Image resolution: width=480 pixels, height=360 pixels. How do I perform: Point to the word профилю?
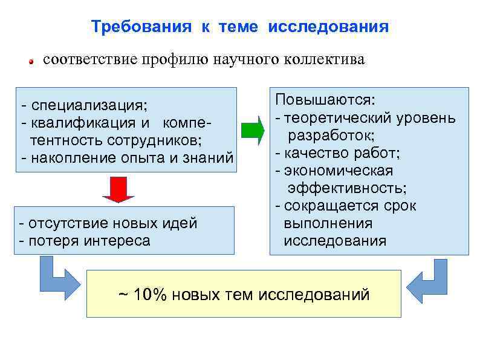point(174,61)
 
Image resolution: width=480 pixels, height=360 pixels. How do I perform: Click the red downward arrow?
point(118,188)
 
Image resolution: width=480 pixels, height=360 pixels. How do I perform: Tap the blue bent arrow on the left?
point(57,278)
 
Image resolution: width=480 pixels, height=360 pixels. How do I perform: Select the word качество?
point(312,153)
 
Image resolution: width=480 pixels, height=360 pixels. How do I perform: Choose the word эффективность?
point(347,188)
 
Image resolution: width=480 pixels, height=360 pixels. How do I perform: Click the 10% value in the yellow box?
point(149,295)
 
